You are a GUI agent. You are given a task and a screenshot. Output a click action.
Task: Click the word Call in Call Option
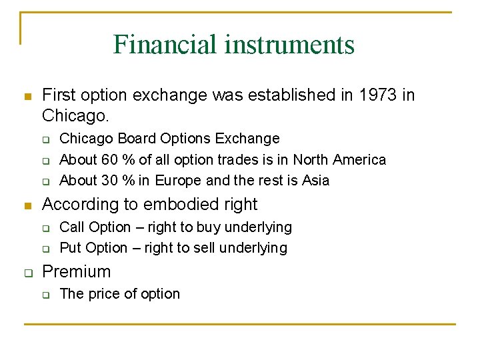[x=72, y=227]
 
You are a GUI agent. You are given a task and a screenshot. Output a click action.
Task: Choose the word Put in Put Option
[x=71, y=248]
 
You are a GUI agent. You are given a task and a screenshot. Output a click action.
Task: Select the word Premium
[x=77, y=271]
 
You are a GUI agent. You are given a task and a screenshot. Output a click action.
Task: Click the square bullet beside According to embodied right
[x=27, y=204]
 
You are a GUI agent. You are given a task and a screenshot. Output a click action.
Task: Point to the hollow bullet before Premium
[x=27, y=272]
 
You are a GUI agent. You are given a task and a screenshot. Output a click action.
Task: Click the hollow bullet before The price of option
[x=47, y=295]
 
